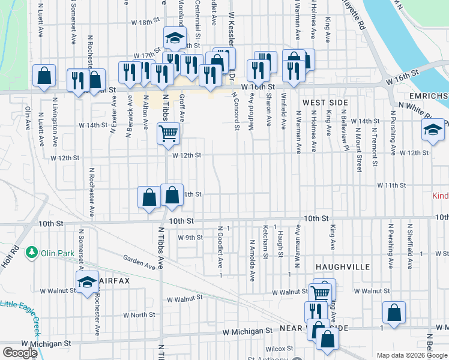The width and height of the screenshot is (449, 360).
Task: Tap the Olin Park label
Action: (58, 253)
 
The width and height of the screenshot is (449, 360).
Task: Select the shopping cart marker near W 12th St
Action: (169, 133)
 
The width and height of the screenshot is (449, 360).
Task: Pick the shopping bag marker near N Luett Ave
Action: (44, 76)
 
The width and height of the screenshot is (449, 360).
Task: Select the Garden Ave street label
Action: (139, 262)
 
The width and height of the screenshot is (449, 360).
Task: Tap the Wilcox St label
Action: (279, 348)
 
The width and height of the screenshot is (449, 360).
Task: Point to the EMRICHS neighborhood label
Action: (427, 96)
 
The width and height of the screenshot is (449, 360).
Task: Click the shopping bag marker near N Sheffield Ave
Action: (394, 313)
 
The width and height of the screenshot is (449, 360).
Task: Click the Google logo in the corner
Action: (20, 353)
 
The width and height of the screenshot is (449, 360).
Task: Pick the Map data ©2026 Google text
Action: (412, 355)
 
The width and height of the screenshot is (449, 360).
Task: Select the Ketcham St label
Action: (265, 242)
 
